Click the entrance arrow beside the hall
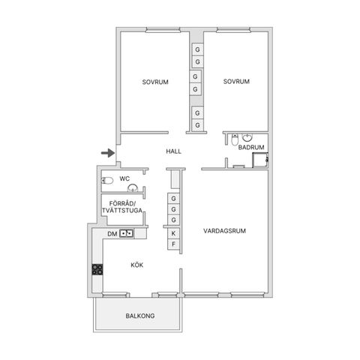(x=108, y=153)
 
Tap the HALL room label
(x=173, y=151)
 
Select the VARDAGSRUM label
(x=224, y=231)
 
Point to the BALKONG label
(x=140, y=316)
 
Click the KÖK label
(x=137, y=265)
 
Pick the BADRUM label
(x=251, y=147)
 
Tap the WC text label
(x=124, y=178)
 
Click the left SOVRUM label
(x=155, y=82)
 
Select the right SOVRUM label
(x=236, y=81)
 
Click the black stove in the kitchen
(x=97, y=269)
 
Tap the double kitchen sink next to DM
(x=126, y=233)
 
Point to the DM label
(x=112, y=234)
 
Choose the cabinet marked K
(x=173, y=233)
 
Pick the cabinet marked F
(x=173, y=244)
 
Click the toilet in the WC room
(x=107, y=180)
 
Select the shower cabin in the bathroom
(x=260, y=160)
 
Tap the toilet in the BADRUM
(x=235, y=140)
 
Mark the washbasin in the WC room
(x=133, y=188)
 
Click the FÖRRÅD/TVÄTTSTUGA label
(x=122, y=207)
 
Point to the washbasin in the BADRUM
(x=247, y=137)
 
